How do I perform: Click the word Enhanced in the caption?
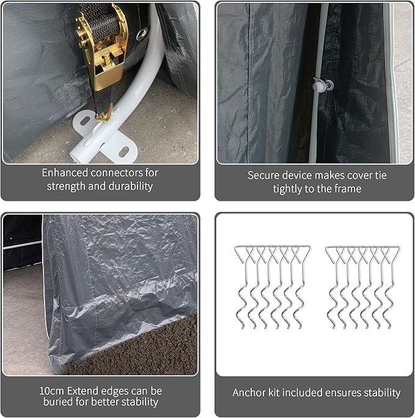tap(62, 173)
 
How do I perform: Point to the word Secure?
tap(263, 175)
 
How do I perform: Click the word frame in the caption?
tap(347, 189)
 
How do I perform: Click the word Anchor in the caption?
tap(248, 392)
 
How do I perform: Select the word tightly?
tap(293, 189)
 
